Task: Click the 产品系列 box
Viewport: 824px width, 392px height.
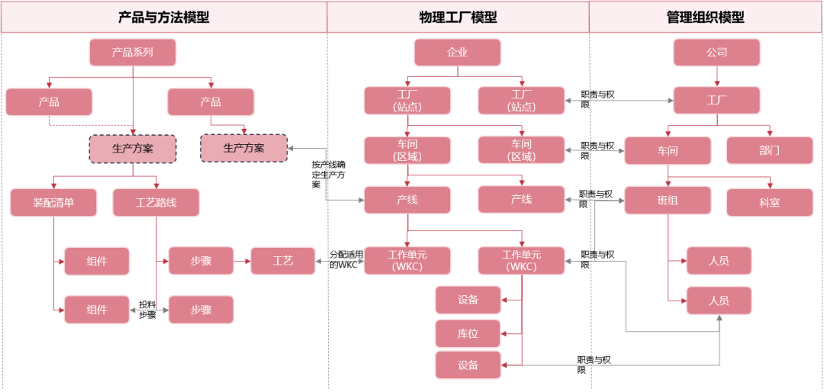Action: [x=133, y=53]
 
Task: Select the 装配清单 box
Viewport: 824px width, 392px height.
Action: [x=53, y=202]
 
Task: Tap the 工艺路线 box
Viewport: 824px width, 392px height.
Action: [x=156, y=202]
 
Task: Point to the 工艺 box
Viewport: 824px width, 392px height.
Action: [x=282, y=261]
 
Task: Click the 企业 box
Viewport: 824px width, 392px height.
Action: [x=457, y=53]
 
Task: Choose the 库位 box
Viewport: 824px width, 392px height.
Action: [x=468, y=333]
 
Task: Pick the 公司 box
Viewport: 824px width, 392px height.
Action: [x=716, y=53]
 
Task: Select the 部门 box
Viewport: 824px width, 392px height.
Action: [x=769, y=150]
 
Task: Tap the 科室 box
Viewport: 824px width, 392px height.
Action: [x=769, y=202]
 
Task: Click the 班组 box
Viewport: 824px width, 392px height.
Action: [x=668, y=200]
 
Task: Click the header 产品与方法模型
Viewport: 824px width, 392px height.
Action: [x=164, y=17]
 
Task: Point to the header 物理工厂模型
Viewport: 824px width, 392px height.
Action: [x=458, y=17]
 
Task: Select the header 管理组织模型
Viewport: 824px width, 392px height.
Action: [x=705, y=17]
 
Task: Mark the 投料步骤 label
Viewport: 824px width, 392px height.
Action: [x=147, y=309]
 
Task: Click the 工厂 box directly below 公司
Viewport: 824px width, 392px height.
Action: [x=716, y=101]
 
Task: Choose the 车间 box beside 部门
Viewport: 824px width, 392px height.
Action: [x=668, y=150]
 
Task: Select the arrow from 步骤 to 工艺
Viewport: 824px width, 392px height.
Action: [x=241, y=261]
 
